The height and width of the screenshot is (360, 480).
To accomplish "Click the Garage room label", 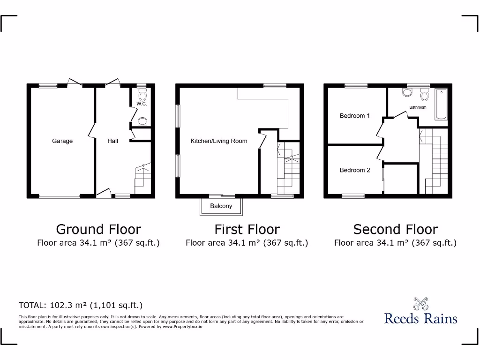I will [62, 141].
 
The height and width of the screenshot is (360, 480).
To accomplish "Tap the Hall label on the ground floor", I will [112, 141].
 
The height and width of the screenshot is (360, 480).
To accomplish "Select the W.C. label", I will [142, 104].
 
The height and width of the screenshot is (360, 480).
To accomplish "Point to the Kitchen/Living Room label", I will [218, 141].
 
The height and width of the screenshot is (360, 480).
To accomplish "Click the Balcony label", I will [221, 206].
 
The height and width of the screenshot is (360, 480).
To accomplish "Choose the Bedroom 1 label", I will [355, 116].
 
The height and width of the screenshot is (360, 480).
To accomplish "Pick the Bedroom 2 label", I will [355, 170].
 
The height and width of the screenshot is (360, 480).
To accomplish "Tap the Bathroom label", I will [418, 107].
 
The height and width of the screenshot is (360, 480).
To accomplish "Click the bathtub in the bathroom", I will [441, 104].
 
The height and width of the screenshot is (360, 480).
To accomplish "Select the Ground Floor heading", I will [98, 229].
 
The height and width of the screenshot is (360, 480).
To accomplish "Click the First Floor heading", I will [247, 229].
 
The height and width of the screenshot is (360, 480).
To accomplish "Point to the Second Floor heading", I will [395, 229].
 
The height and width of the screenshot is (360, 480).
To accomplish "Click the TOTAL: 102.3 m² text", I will [80, 305].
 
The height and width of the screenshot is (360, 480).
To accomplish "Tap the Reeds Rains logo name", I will [420, 319].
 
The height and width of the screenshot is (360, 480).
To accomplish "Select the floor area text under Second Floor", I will [395, 243].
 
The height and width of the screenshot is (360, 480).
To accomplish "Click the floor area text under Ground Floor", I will [98, 243].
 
